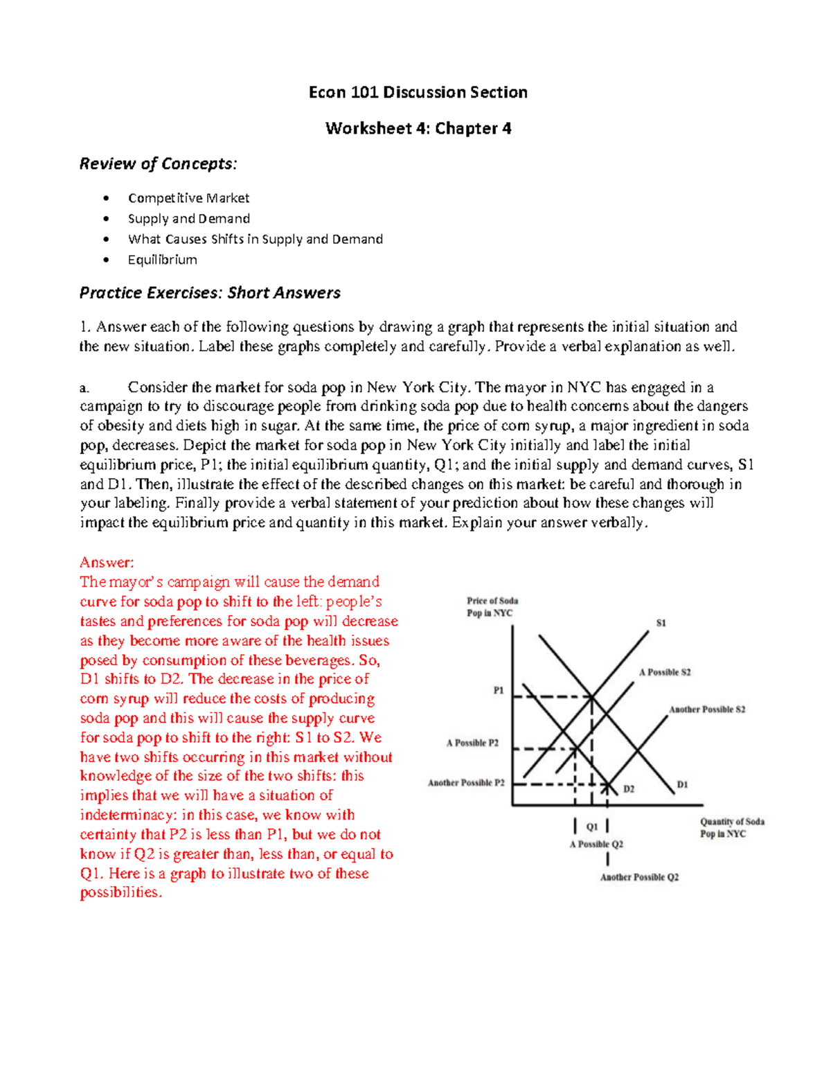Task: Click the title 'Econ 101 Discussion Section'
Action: tap(418, 92)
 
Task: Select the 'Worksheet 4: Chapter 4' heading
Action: tap(418, 128)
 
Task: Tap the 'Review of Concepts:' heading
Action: tap(158, 164)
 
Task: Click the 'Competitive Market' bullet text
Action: tap(188, 198)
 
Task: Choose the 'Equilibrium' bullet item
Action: tap(162, 260)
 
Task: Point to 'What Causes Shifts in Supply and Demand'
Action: tap(255, 239)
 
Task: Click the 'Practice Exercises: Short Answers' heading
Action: tap(210, 292)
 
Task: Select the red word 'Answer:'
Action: tap(107, 562)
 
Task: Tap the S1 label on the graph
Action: tap(661, 623)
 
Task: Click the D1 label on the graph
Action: tap(682, 784)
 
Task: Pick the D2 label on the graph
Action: tap(628, 788)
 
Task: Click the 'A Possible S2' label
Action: tap(665, 672)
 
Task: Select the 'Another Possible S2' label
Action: tap(707, 709)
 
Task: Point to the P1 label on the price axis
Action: tap(498, 690)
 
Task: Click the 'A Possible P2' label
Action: tap(472, 743)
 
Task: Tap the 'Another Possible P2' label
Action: tap(466, 783)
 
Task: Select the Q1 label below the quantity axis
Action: tap(591, 827)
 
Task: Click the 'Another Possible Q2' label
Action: tap(639, 877)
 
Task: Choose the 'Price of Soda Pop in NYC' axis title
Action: tap(492, 607)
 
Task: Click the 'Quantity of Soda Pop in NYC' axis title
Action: tap(731, 827)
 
